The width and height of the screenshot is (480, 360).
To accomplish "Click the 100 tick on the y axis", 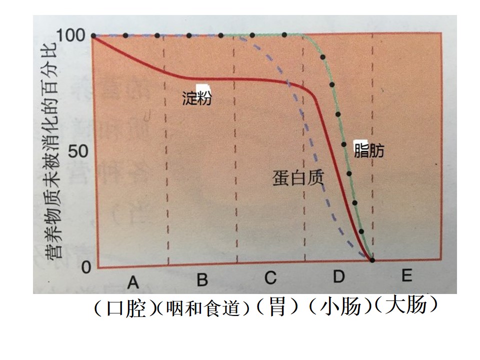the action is coord(70,35).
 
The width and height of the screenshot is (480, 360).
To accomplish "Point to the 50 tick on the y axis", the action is coord(78,151).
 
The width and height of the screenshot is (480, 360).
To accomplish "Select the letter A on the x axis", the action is coord(133,282).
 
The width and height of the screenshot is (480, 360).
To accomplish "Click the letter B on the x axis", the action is coord(202,279).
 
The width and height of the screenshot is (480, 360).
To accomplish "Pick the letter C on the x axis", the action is coord(270,277).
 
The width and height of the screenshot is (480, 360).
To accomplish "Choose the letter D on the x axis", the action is coord(339,276).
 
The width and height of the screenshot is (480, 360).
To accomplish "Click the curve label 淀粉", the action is coord(197,98).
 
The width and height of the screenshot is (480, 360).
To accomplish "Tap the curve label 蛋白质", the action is coord(298,178).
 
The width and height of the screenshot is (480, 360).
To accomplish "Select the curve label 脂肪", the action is coord(369,151).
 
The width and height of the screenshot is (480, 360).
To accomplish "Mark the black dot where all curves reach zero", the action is coord(372,260).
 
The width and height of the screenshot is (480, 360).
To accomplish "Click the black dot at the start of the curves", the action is coord(93,36).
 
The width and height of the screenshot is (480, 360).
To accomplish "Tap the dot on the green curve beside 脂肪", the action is coord(343,144).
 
